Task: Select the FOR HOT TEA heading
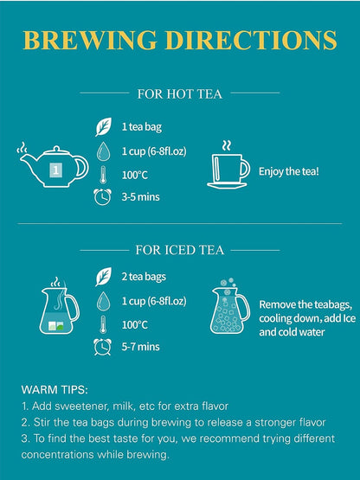pyautogui.click(x=179, y=93)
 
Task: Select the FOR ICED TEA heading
pyautogui.click(x=180, y=250)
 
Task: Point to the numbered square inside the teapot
pyautogui.click(x=55, y=170)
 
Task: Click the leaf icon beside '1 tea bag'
pyautogui.click(x=103, y=127)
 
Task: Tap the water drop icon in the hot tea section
pyautogui.click(x=103, y=150)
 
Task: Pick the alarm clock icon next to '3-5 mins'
pyautogui.click(x=102, y=197)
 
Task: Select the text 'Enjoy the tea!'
pyautogui.click(x=289, y=171)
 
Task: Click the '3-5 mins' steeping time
pyautogui.click(x=141, y=197)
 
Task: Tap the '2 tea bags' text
pyautogui.click(x=144, y=277)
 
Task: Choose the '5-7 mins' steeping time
pyautogui.click(x=141, y=347)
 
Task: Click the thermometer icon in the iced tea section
pyautogui.click(x=103, y=324)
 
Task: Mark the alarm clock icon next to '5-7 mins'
pyautogui.click(x=102, y=347)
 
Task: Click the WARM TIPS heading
pyautogui.click(x=55, y=390)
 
